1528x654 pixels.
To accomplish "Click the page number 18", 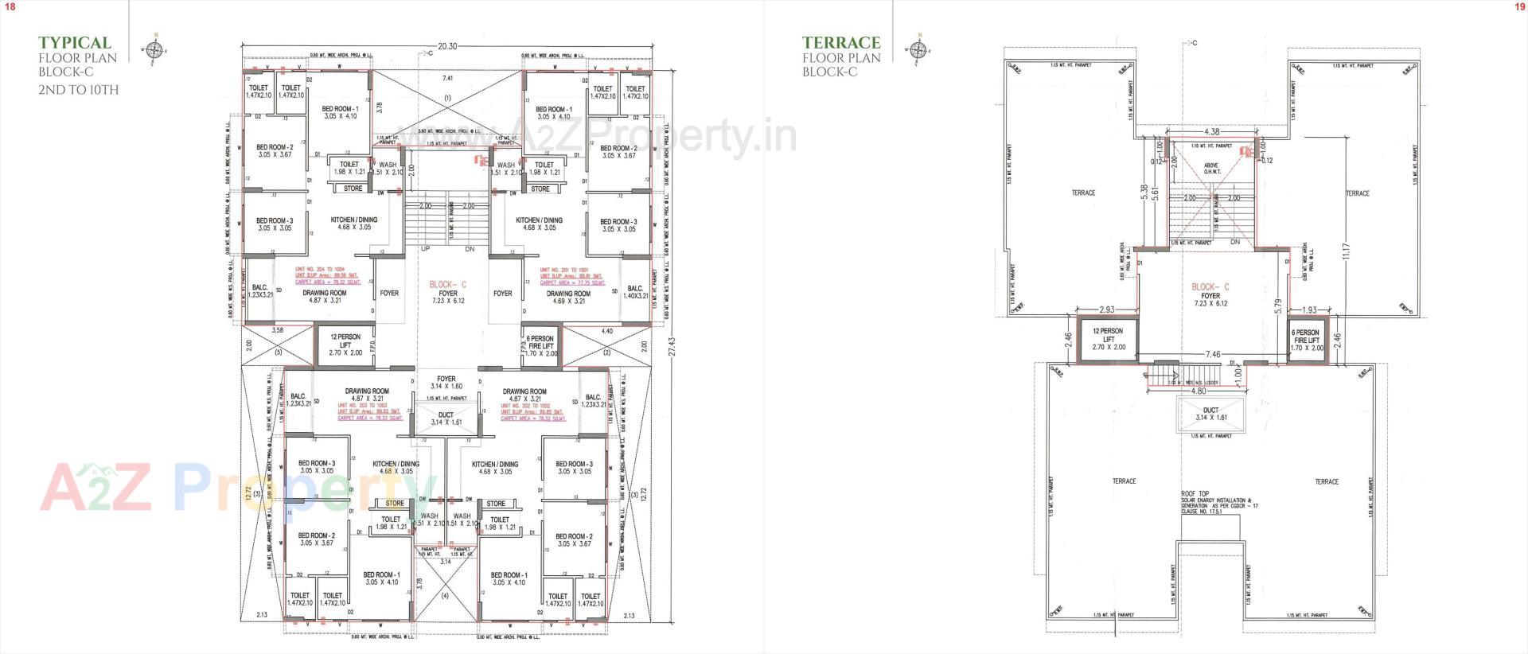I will tap(10, 6).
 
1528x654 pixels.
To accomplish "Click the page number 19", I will tap(1518, 6).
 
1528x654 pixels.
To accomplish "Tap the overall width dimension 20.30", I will tap(448, 46).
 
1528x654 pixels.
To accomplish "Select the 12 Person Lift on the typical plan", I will tap(345, 345).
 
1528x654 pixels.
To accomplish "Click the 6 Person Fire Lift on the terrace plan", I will tap(1305, 341).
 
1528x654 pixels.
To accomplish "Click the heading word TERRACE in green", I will tap(840, 43).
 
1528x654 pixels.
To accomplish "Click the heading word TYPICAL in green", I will tap(75, 43).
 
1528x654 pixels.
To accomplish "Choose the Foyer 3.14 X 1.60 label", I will tap(446, 383).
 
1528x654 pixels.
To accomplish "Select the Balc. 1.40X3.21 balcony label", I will tap(634, 292).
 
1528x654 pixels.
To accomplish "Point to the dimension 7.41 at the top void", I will tap(447, 78).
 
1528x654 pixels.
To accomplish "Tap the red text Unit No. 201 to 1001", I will tap(567, 270).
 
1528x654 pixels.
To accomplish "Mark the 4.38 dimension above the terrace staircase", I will tap(1212, 131).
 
